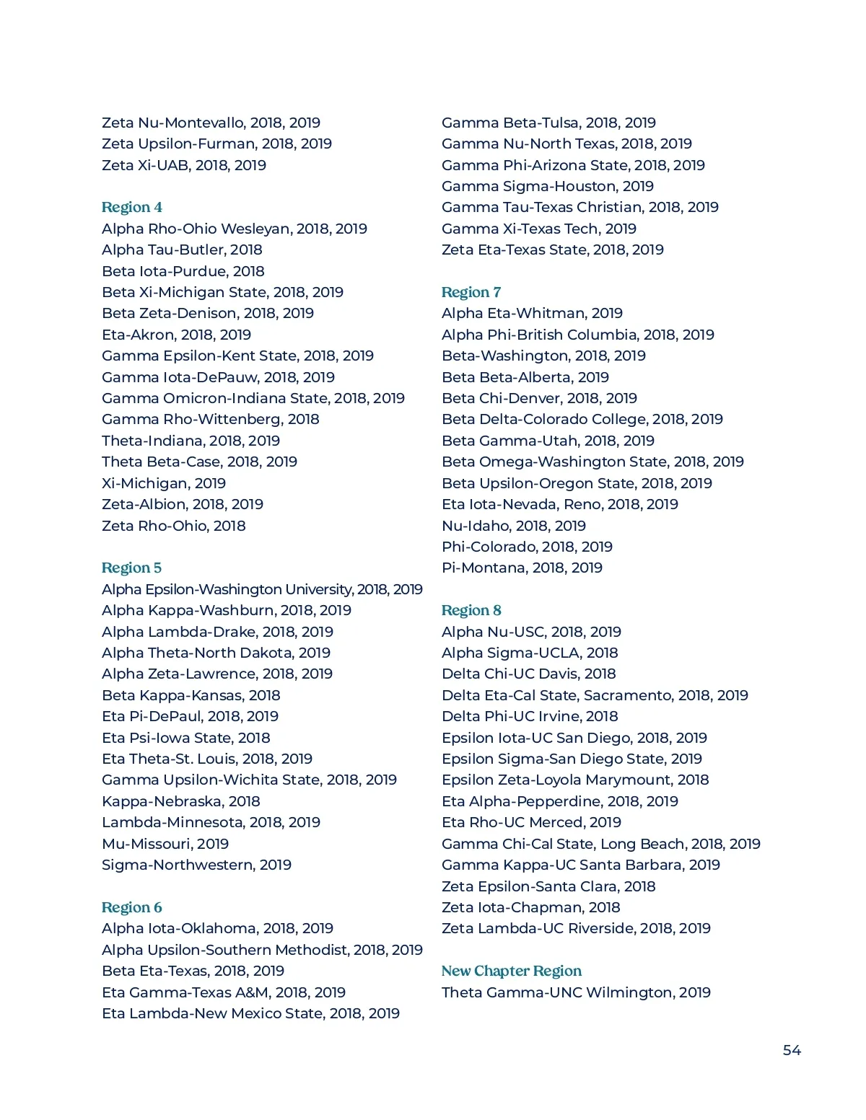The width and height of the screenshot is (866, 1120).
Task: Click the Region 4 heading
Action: pos(132,208)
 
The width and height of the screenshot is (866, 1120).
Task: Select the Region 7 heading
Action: pos(471,292)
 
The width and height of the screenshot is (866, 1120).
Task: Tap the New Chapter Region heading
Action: pos(511,971)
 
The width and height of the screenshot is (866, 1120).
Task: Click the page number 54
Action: pos(792,1050)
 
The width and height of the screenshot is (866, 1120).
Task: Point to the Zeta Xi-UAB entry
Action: pos(184,165)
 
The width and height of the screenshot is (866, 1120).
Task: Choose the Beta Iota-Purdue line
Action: pos(183,271)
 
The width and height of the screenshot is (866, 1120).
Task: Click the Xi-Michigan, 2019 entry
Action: pos(164,483)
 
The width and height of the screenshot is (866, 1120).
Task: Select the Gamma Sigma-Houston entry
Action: pos(548,186)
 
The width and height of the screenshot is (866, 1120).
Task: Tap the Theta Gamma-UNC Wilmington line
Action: pos(576,992)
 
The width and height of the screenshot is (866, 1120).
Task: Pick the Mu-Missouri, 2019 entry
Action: pos(165,844)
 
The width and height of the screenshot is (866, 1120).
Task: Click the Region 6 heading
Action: pos(132,907)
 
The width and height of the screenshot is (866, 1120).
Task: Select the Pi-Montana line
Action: pos(522,568)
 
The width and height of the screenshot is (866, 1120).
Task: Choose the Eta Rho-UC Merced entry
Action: pos(531,822)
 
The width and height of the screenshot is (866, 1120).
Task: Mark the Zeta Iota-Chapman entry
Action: pos(530,907)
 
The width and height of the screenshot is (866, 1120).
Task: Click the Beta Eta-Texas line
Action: pos(193,971)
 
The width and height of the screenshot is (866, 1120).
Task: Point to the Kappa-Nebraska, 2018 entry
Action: pos(181,801)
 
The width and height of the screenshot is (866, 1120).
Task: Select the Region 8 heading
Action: pos(471,610)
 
